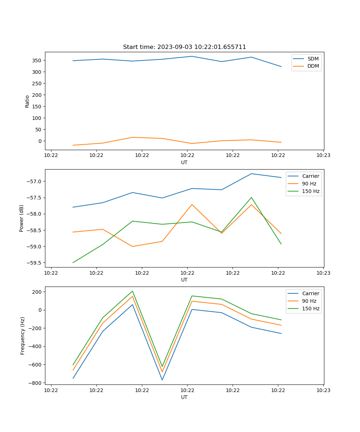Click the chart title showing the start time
pos(184,47)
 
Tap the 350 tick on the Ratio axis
pos(37,60)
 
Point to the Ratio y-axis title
pos(27,101)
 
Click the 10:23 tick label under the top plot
pos(323,156)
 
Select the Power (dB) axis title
pos(22,218)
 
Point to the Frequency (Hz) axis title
pos(23,336)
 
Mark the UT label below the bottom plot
pos(184,397)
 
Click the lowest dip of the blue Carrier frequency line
pos(162,380)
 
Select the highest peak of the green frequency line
pos(132,291)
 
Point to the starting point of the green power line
pos(73,262)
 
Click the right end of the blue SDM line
pos(281,67)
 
